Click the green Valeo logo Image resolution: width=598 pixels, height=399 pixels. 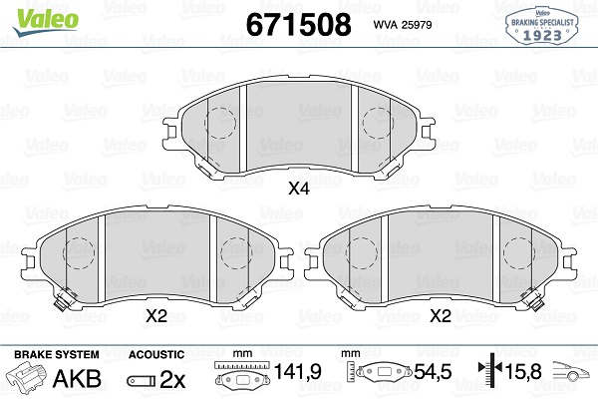coord(46,21)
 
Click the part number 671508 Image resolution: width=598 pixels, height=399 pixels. coord(299,24)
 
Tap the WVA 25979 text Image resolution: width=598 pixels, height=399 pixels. coord(403,25)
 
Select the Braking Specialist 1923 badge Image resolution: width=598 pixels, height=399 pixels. coord(542,26)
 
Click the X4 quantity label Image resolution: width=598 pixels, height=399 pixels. coord(299,189)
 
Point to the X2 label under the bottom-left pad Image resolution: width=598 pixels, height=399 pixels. coord(156,316)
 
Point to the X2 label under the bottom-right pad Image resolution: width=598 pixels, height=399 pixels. coord(441,316)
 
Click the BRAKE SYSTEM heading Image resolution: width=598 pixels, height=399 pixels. coord(57,354)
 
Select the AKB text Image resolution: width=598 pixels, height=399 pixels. coord(77,378)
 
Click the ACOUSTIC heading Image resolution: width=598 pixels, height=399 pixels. coord(156,354)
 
